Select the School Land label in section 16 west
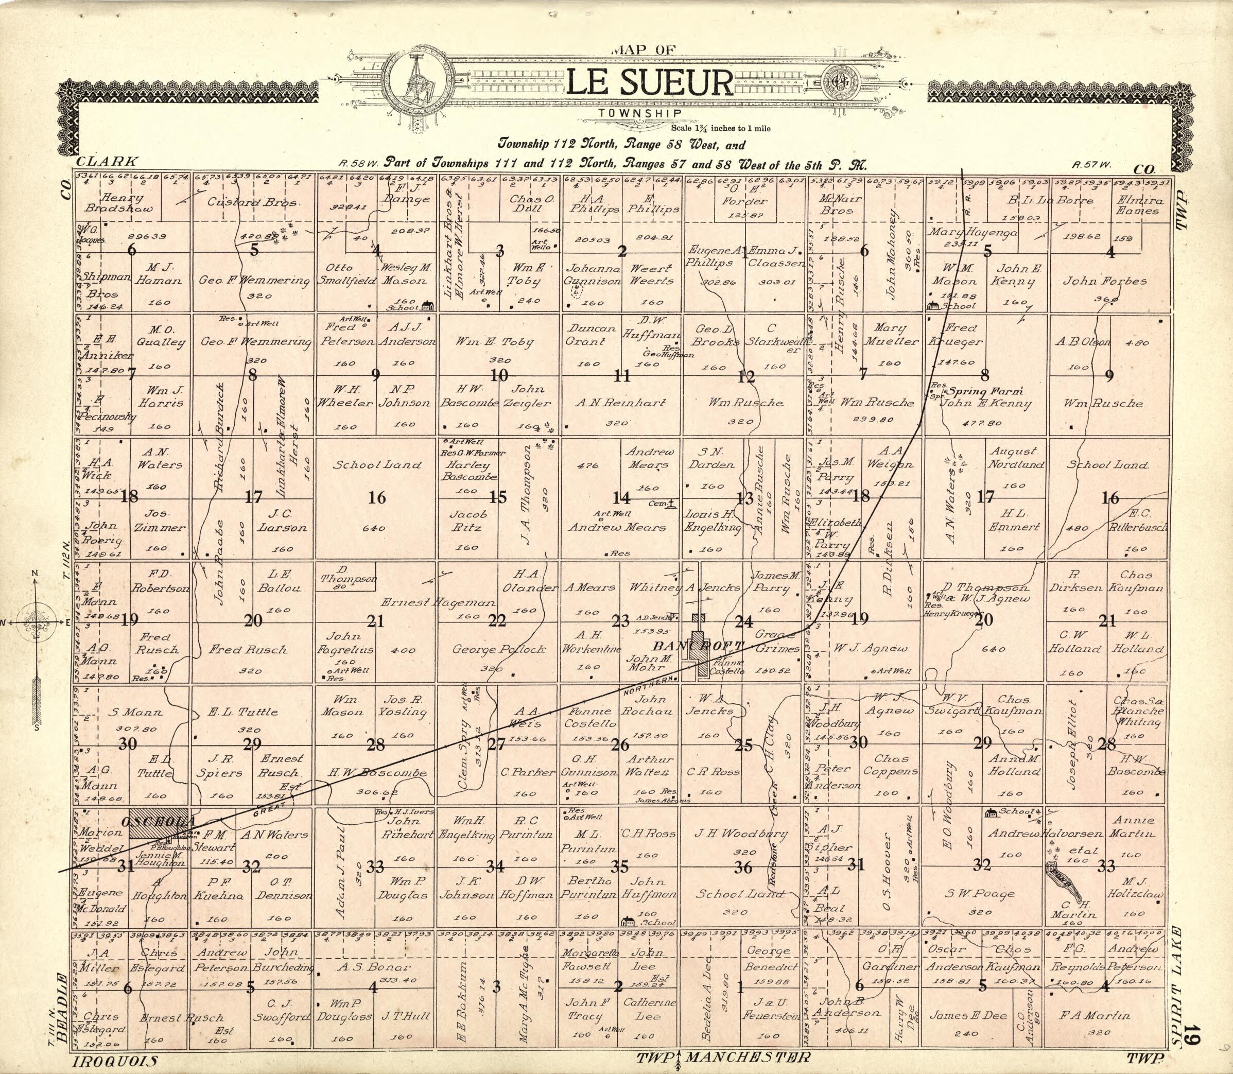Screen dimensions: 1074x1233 [x=377, y=464]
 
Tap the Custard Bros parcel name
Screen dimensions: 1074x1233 [x=252, y=202]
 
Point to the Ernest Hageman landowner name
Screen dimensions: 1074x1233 [x=438, y=602]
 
